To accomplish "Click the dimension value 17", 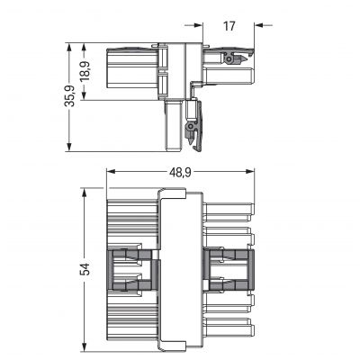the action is pos(229,26).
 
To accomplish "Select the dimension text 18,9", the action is pos(85,71).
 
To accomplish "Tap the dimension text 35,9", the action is pos(70,96).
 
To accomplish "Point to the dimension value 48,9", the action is pos(181,172).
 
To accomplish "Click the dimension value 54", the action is pos(85,269).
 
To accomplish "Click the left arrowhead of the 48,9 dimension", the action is pos(111,172).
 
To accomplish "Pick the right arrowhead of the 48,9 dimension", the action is pos(250,172).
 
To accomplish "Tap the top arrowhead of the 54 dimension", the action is pos(85,193).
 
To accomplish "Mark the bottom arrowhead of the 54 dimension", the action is pos(85,345).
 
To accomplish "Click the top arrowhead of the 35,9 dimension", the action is pos(69,48).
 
